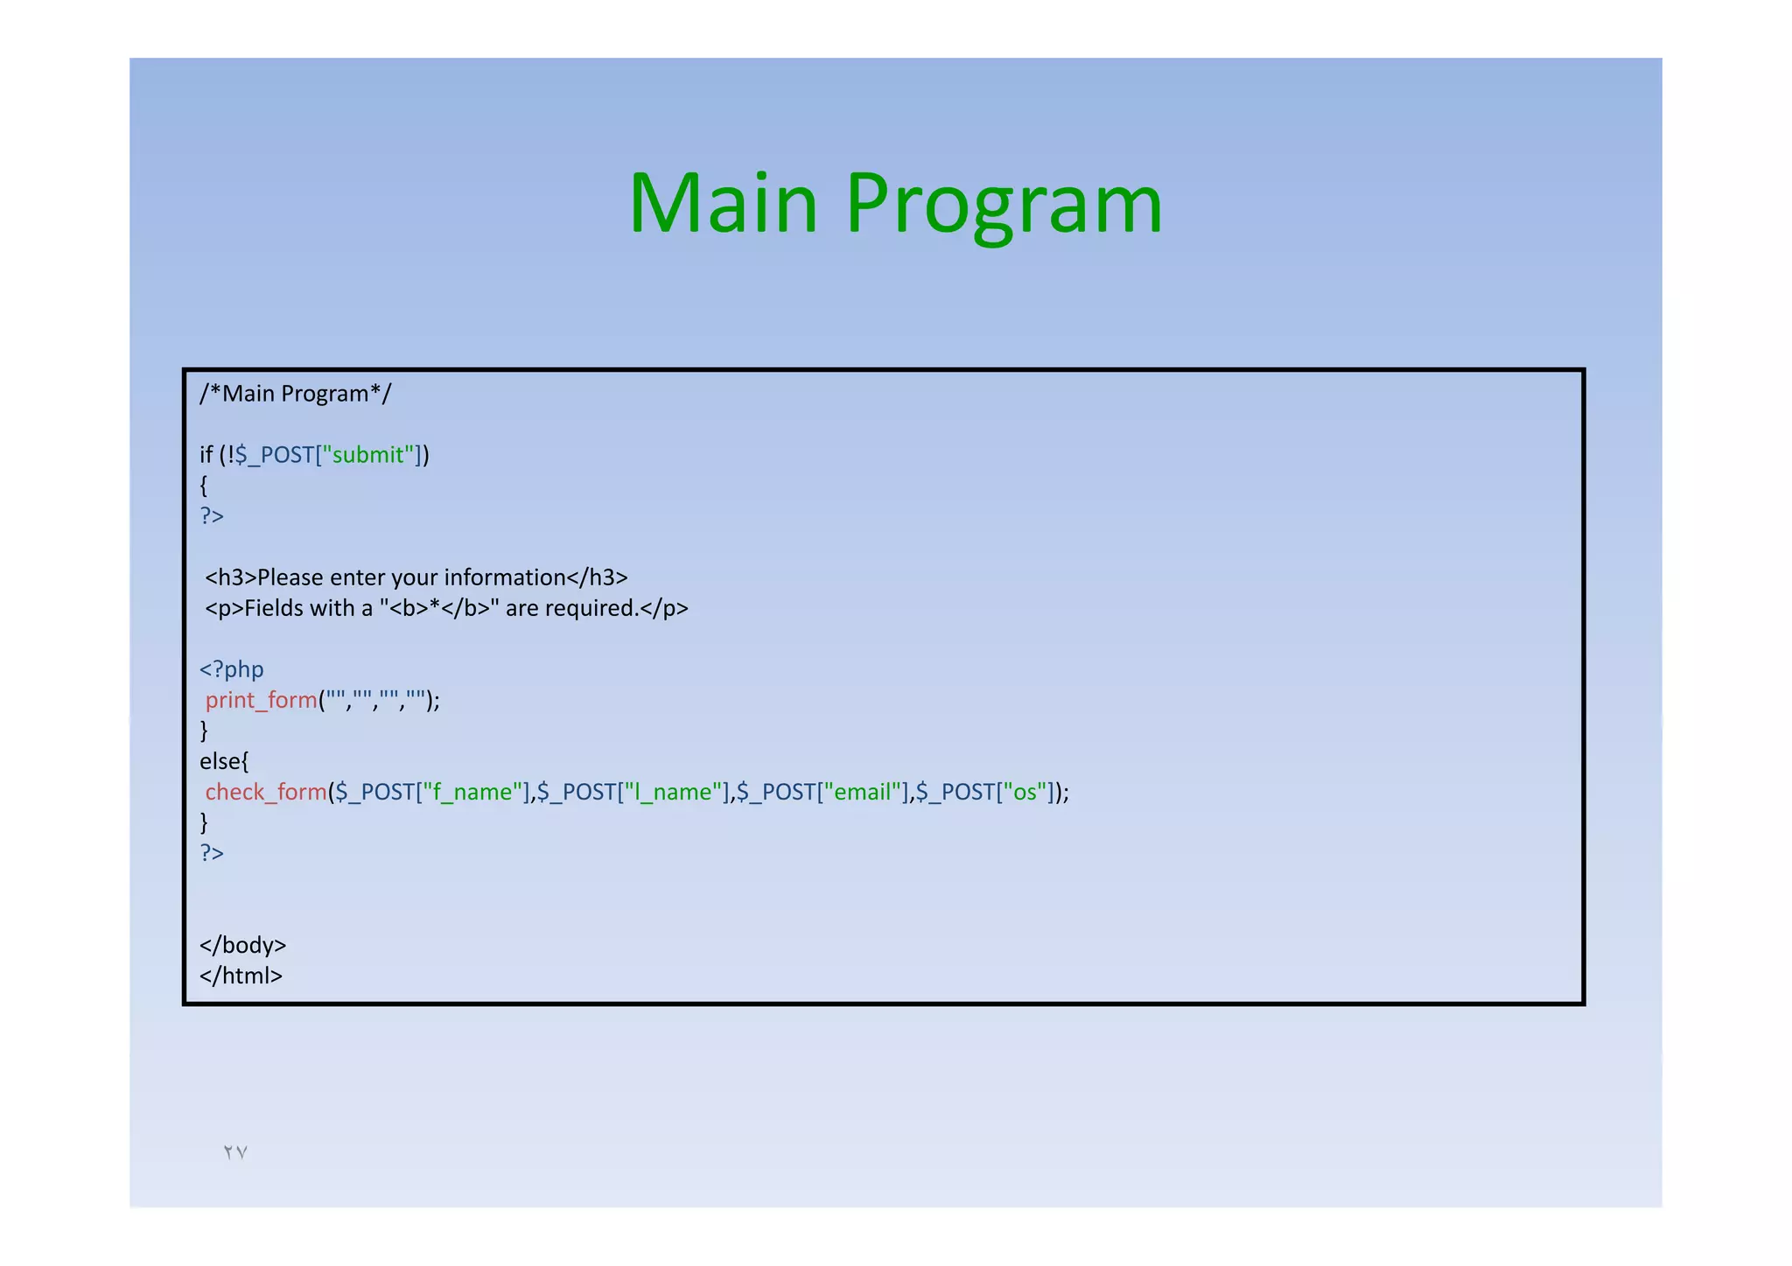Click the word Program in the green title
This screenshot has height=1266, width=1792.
tap(1004, 206)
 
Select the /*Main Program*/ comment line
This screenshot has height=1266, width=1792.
tap(295, 394)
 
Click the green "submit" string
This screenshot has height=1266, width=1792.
tap(368, 455)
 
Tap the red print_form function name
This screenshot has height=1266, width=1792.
tap(261, 700)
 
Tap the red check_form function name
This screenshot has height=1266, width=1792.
tap(266, 792)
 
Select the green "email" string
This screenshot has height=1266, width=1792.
tap(864, 792)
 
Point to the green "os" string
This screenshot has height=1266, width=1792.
tap(1025, 792)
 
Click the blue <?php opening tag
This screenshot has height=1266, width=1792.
tap(231, 669)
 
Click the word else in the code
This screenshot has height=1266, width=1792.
tap(220, 761)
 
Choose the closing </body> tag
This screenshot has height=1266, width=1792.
tap(242, 945)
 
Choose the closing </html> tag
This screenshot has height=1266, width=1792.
tap(241, 976)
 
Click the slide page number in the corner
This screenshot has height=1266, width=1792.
tap(235, 1152)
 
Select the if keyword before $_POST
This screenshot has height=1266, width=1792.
tap(206, 455)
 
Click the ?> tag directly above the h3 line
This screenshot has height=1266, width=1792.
tap(212, 516)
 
